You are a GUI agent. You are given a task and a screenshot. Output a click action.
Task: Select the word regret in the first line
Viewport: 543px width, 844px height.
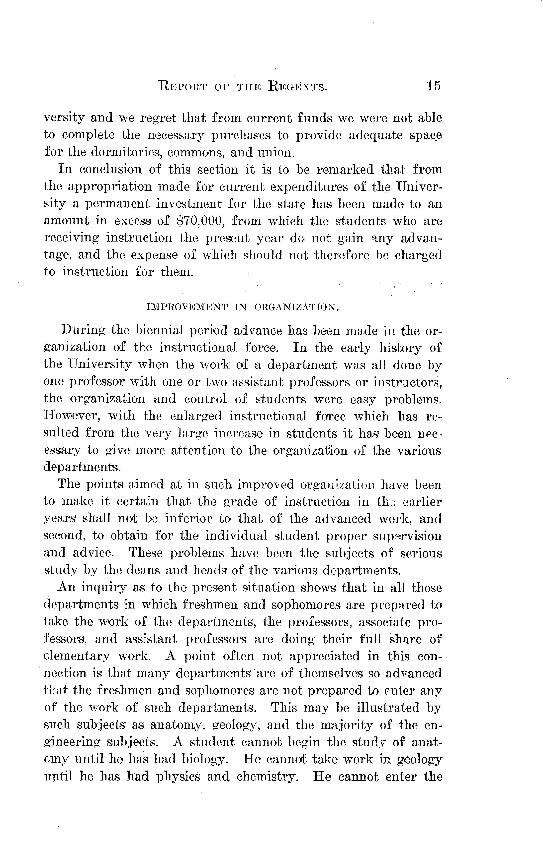pos(158,118)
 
